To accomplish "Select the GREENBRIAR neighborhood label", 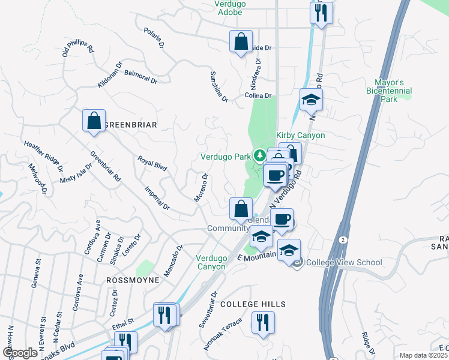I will pyautogui.click(x=131, y=125).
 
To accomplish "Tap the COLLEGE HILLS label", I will pyautogui.click(x=252, y=305).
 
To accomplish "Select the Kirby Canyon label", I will pyautogui.click(x=300, y=135).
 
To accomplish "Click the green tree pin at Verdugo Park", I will pyautogui.click(x=259, y=156).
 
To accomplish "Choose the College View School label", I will pyautogui.click(x=344, y=262).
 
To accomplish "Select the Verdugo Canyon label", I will pyautogui.click(x=211, y=262).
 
